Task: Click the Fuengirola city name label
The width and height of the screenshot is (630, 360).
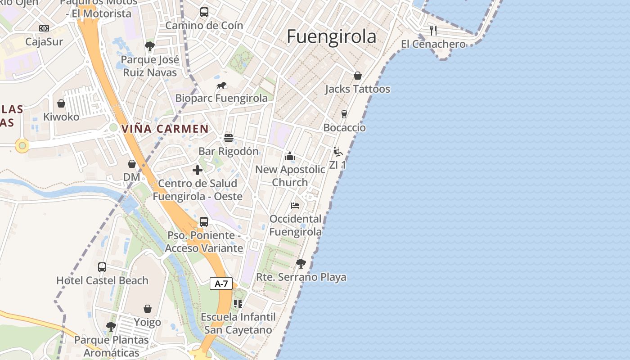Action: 331,36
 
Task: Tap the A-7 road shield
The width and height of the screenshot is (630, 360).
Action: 221,283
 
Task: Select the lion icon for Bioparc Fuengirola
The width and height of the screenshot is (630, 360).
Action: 221,85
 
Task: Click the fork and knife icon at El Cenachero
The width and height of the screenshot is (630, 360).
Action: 433,31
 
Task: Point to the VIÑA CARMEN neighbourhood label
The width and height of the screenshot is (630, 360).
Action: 165,129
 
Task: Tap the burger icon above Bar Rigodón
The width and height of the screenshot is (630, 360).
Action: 229,138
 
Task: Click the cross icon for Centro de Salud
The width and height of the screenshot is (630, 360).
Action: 197,170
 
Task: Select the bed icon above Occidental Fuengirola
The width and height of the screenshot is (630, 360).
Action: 295,206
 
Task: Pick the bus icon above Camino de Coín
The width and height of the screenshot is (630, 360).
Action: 204,12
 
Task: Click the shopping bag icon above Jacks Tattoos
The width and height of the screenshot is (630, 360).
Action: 358,76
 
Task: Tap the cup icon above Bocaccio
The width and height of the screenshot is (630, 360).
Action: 344,114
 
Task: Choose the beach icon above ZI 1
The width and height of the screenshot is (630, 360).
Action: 338,152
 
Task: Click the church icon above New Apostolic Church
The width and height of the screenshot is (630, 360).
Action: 290,156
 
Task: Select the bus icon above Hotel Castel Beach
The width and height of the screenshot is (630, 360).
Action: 102,267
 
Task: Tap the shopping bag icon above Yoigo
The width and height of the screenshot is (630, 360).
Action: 148,309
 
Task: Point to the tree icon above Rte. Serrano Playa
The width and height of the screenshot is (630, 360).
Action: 301,263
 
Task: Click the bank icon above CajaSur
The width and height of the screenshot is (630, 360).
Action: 44,28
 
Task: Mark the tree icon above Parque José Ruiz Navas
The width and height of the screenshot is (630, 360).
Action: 150,46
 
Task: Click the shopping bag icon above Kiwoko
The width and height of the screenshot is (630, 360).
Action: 61,103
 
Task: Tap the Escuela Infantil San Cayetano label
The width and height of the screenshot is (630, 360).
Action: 238,323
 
